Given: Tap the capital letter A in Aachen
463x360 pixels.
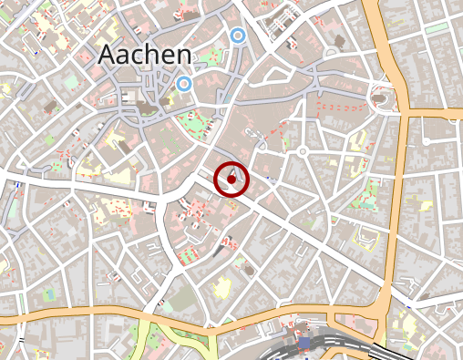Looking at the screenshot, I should [108, 55].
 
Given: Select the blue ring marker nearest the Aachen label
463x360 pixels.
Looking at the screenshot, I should [184, 84].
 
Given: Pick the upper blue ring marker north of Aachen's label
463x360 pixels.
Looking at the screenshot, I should [238, 36].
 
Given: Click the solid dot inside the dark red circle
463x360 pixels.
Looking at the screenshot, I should [231, 180].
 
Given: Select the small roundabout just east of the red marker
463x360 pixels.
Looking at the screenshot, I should [302, 151].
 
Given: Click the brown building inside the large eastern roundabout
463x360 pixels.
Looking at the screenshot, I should [381, 95].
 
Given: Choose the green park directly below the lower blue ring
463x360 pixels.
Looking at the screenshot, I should [192, 121].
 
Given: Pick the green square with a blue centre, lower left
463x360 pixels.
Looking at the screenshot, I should [47, 294].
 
